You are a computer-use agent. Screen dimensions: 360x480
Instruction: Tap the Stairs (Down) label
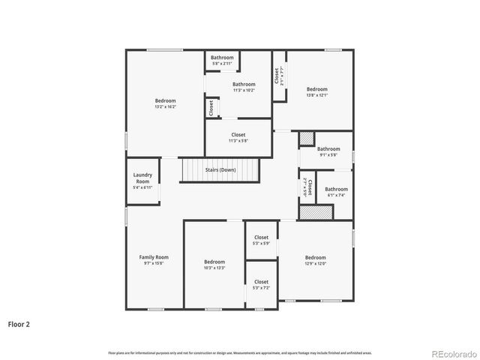(220, 170)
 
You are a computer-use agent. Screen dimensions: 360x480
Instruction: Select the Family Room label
(154, 257)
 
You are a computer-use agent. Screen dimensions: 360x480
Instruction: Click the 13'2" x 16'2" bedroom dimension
(165, 107)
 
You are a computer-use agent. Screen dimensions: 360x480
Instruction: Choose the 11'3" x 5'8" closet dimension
(238, 141)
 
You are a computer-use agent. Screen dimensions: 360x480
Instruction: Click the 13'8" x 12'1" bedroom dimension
(316, 95)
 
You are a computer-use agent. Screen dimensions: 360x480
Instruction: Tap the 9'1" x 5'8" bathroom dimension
(328, 155)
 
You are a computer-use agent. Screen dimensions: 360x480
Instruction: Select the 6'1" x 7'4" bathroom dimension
(336, 195)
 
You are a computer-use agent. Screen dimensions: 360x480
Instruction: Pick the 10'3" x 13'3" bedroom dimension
(214, 268)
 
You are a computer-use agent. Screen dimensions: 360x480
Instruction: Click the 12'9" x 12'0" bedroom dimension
(315, 263)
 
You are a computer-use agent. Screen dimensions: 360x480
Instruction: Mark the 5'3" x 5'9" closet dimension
(261, 244)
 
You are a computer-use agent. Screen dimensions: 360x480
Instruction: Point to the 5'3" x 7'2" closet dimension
(261, 288)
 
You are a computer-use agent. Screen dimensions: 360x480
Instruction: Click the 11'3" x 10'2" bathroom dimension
(244, 91)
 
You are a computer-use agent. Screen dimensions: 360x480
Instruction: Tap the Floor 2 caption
(18, 325)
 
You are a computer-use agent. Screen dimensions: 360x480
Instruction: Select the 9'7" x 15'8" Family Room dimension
(154, 263)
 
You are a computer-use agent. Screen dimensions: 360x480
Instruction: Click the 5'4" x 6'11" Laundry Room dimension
(142, 187)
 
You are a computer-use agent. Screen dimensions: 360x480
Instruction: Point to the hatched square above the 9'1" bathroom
(307, 139)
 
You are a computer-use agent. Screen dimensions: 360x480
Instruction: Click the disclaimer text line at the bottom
(240, 352)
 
